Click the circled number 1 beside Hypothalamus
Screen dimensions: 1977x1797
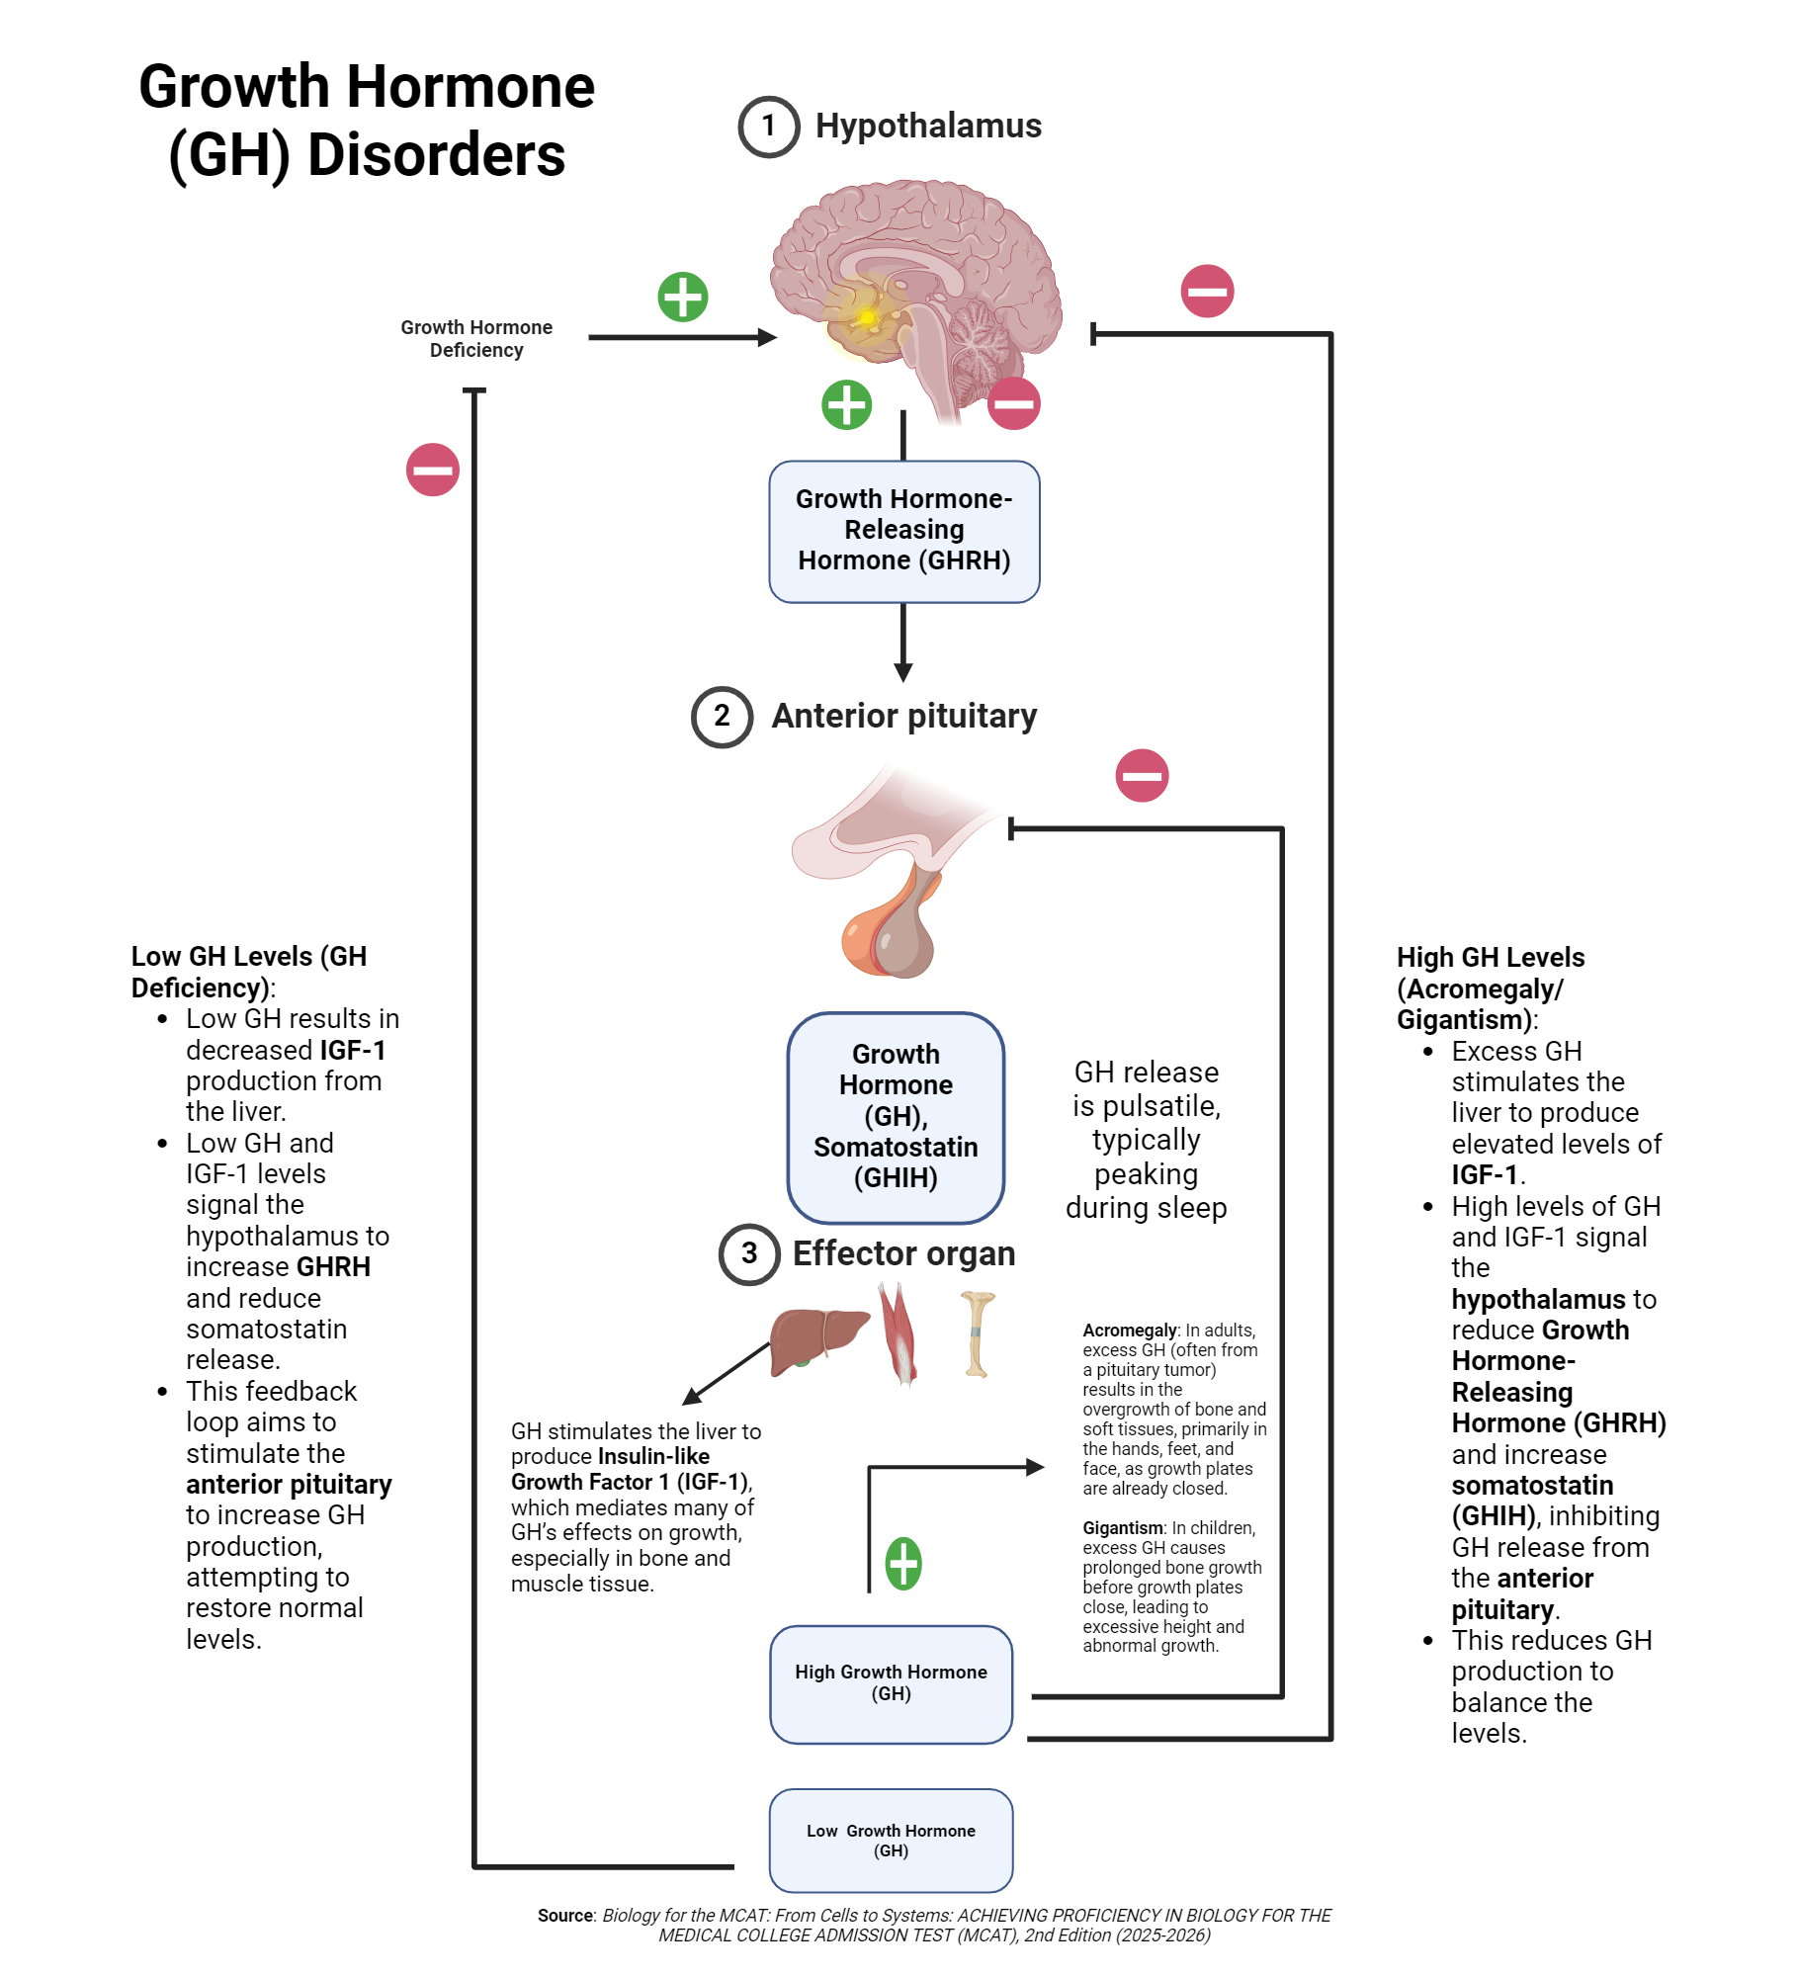(x=768, y=127)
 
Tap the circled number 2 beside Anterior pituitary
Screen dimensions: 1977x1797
(x=722, y=716)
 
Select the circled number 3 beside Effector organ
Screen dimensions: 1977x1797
(x=749, y=1253)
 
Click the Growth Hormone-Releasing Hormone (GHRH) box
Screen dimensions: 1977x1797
(x=903, y=531)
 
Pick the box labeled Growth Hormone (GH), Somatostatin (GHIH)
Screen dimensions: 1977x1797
(x=896, y=1117)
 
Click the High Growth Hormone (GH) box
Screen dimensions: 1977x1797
(x=891, y=1683)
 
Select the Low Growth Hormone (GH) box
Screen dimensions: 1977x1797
(x=891, y=1840)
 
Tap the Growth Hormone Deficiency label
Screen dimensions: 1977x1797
(x=475, y=338)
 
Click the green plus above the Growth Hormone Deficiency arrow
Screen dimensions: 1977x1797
(x=683, y=297)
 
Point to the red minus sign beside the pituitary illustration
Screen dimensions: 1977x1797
(x=1142, y=775)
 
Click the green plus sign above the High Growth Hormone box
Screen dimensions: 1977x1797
(x=902, y=1564)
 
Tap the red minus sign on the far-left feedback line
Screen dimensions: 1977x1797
(x=433, y=470)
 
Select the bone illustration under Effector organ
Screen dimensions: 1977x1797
(x=978, y=1334)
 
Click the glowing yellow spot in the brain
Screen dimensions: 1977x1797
(x=866, y=316)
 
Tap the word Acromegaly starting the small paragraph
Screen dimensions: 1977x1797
(x=1129, y=1331)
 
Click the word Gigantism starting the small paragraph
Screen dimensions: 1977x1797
(x=1122, y=1528)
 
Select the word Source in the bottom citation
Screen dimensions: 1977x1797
(x=565, y=1916)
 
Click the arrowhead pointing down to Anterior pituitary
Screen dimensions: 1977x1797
(x=903, y=673)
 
